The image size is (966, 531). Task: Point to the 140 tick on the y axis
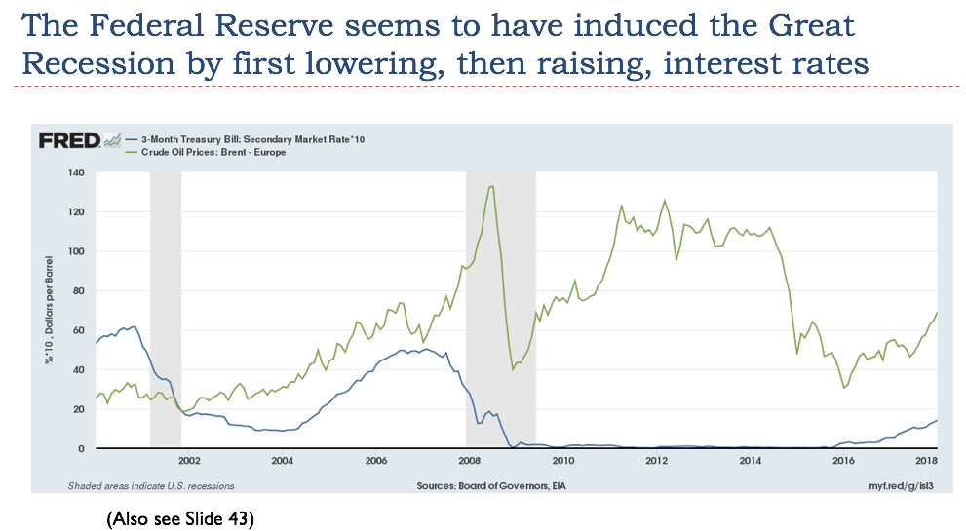[75, 173]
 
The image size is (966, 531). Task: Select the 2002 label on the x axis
[188, 460]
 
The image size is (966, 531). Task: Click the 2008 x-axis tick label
[470, 460]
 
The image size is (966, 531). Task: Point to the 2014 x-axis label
[751, 460]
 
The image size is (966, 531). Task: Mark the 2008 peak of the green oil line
[491, 186]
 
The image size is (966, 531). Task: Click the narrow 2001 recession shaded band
[165, 292]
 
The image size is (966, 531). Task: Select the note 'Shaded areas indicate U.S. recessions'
[150, 485]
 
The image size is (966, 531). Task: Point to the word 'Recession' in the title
[93, 63]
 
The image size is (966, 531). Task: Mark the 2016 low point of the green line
[844, 388]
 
